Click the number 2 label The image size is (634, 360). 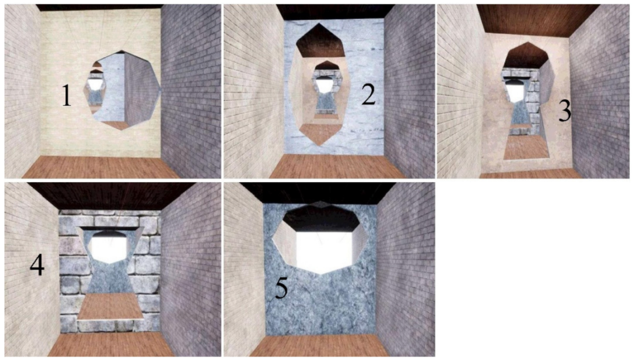click(368, 96)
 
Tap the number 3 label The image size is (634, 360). click(565, 111)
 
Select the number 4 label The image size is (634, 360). click(37, 266)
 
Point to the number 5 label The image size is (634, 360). click(281, 289)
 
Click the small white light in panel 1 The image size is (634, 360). click(94, 84)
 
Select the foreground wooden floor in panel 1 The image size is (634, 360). click(101, 167)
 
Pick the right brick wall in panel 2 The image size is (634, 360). click(409, 91)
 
